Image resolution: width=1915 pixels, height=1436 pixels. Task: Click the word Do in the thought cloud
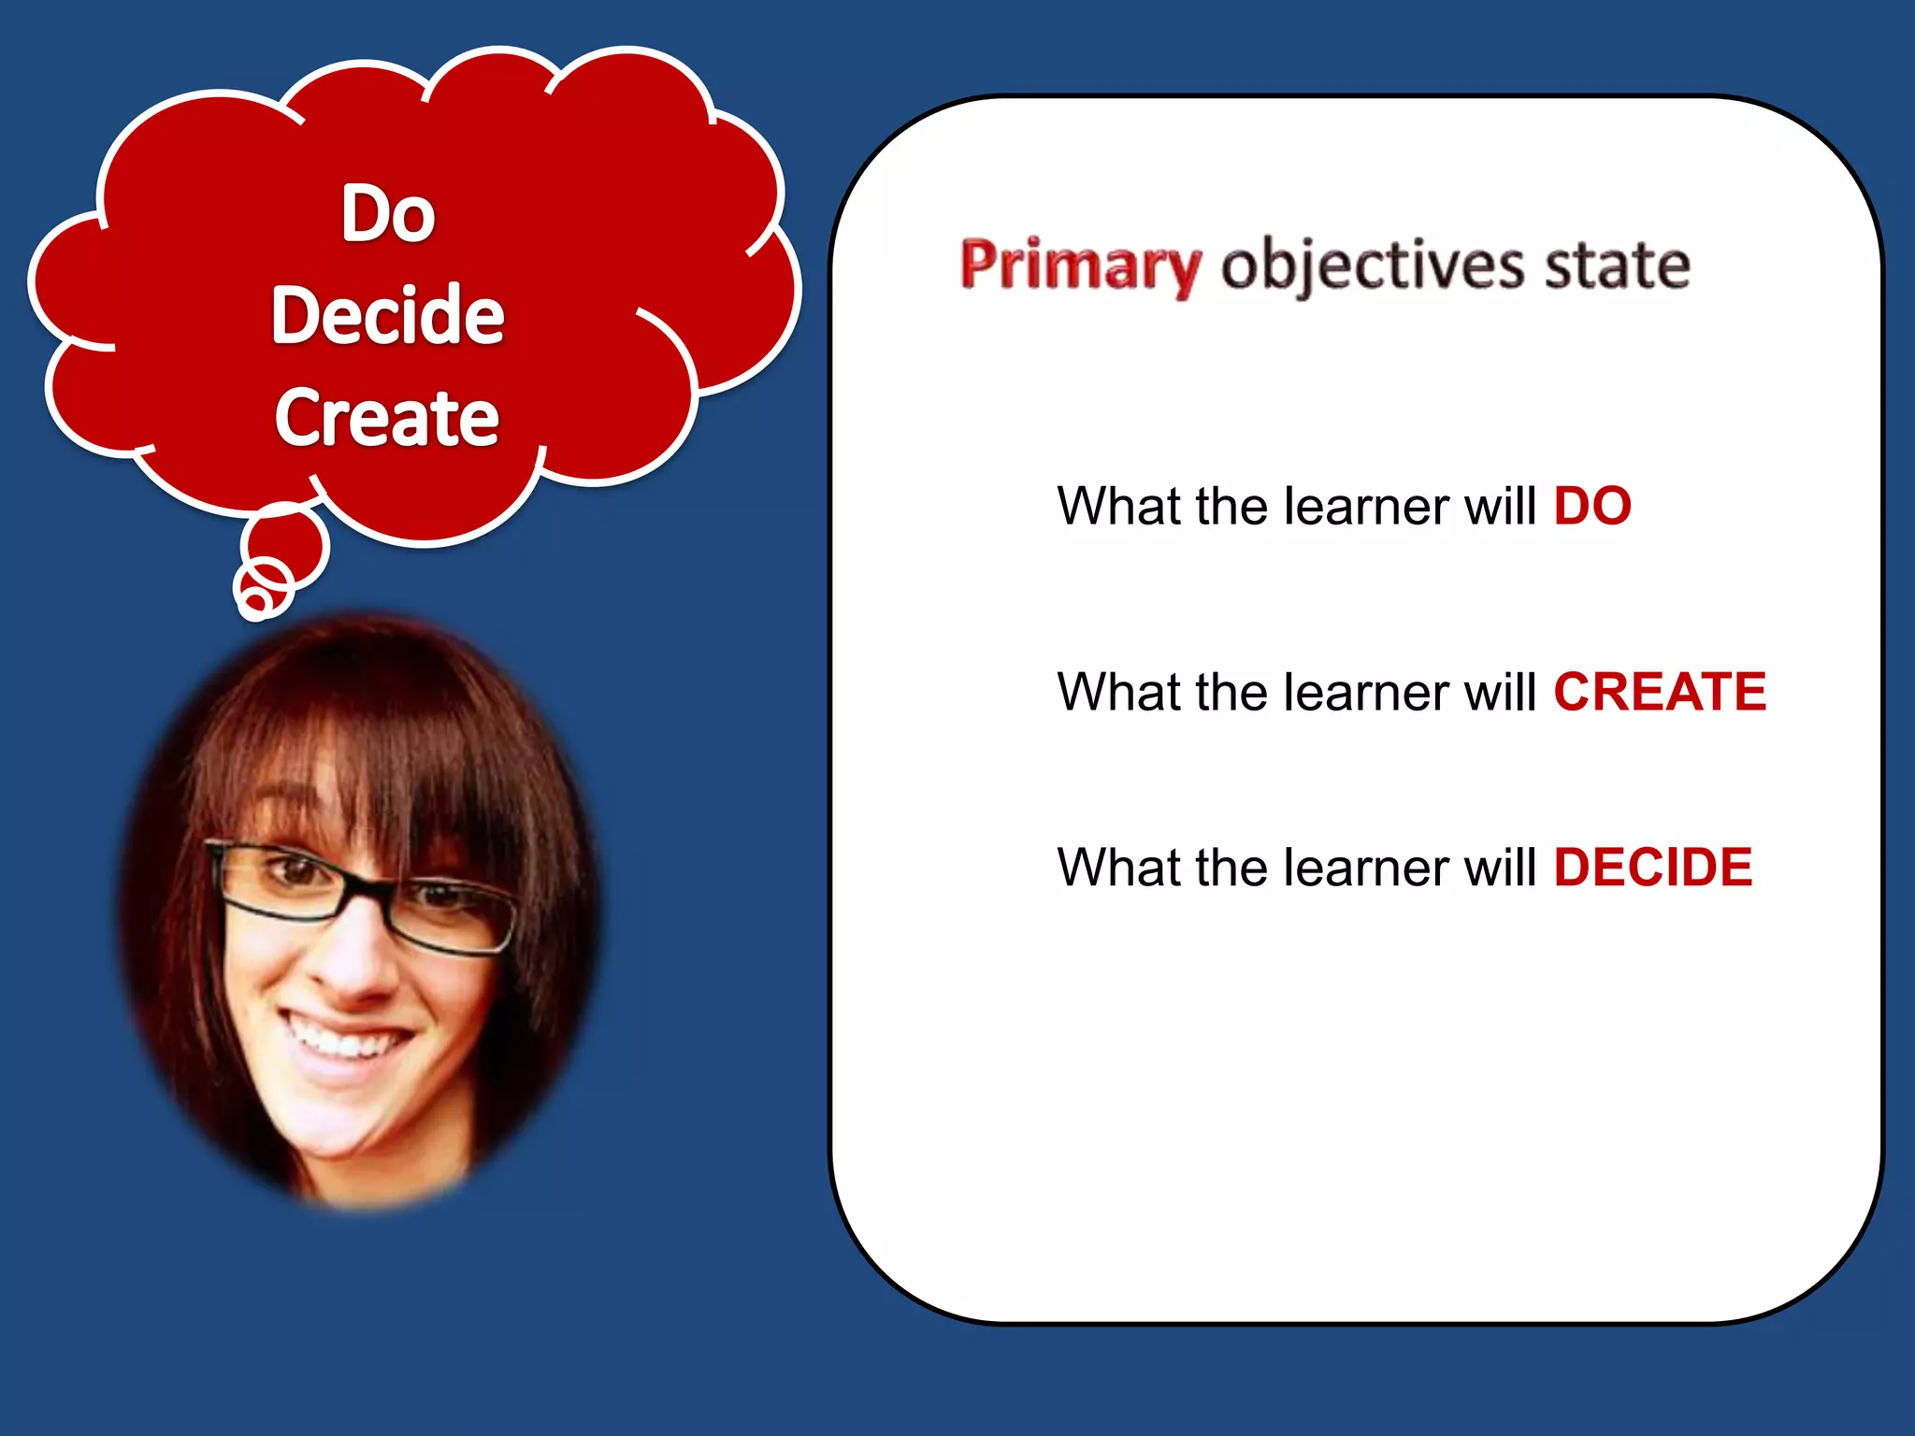(x=388, y=214)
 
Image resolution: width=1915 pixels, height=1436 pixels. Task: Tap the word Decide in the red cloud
(x=387, y=315)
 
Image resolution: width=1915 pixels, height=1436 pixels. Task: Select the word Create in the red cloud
(x=386, y=417)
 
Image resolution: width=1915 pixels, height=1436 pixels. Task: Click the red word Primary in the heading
(x=1080, y=266)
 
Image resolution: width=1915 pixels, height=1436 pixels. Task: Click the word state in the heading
(x=1617, y=266)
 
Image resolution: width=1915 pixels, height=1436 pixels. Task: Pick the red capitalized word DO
(x=1591, y=507)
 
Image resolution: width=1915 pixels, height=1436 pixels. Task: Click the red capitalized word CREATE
(x=1660, y=692)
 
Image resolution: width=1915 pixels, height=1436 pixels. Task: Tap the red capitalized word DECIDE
(x=1652, y=868)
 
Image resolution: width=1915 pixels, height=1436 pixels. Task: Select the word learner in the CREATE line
(x=1352, y=692)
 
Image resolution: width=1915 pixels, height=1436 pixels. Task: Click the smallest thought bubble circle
(x=254, y=599)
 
